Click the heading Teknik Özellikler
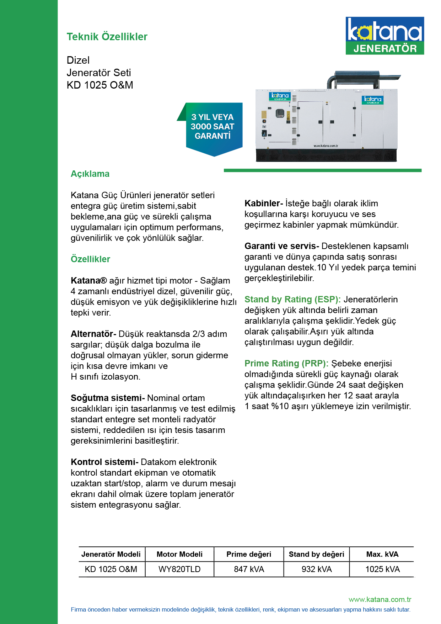coord(107,37)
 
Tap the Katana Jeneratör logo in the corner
coord(385,36)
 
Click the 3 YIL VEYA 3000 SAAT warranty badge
coord(213,127)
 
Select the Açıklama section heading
coord(90,174)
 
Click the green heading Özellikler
coord(90,259)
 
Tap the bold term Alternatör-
coord(93,334)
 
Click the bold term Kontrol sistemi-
coord(104,462)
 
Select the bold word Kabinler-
coord(264,203)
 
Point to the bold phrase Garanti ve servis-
coord(282,246)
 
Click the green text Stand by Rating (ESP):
coord(292,300)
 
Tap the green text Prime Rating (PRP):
coord(286,364)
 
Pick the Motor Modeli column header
coord(179,554)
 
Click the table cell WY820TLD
coord(179,569)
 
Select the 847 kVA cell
coord(249,569)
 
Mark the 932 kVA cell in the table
coord(317,569)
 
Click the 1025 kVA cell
coord(382,569)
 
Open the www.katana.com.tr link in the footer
coord(380,599)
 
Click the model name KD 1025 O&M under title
coord(100,85)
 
